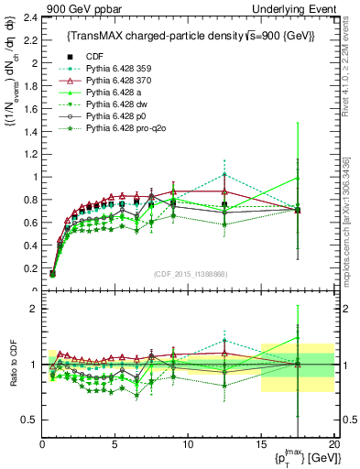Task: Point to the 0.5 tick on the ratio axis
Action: [x=28, y=420]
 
